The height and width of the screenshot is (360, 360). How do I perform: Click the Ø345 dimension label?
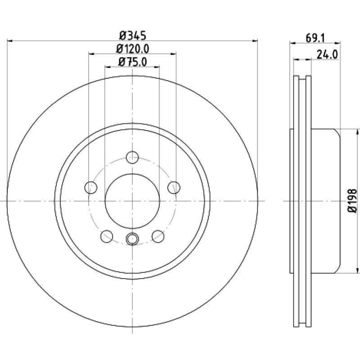coord(133,36)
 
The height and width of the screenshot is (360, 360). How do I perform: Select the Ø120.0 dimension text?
coord(133,49)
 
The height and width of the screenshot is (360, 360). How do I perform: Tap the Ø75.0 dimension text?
coord(132,62)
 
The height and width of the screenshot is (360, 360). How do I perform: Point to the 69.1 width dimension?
coord(315,38)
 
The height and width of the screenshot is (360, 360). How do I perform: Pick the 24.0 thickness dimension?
coord(327,54)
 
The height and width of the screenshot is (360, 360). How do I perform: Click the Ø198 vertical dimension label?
coord(353,201)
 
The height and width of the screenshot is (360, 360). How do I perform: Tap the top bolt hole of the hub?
coord(132,157)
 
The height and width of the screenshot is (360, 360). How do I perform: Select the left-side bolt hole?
coord(91,187)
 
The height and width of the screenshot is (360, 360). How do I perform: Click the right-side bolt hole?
coord(174,187)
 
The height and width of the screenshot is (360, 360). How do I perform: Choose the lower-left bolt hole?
coord(107,236)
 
